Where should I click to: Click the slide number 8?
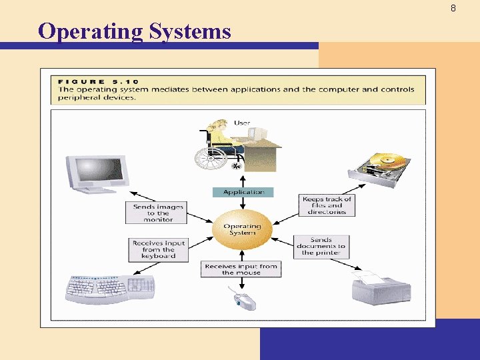pos(453,9)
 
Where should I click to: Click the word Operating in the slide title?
pos(89,31)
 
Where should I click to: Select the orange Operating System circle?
pos(243,229)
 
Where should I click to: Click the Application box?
pos(243,192)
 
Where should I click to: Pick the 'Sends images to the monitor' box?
pos(158,213)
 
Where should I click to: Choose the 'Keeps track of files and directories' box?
pos(327,205)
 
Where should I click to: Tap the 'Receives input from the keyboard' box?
pos(159,249)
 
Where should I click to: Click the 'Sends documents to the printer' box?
pos(321,246)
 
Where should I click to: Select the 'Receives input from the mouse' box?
pos(241,269)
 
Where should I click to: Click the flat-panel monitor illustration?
pos(97,174)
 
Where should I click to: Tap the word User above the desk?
pos(242,123)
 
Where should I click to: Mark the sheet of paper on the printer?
pos(371,276)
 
